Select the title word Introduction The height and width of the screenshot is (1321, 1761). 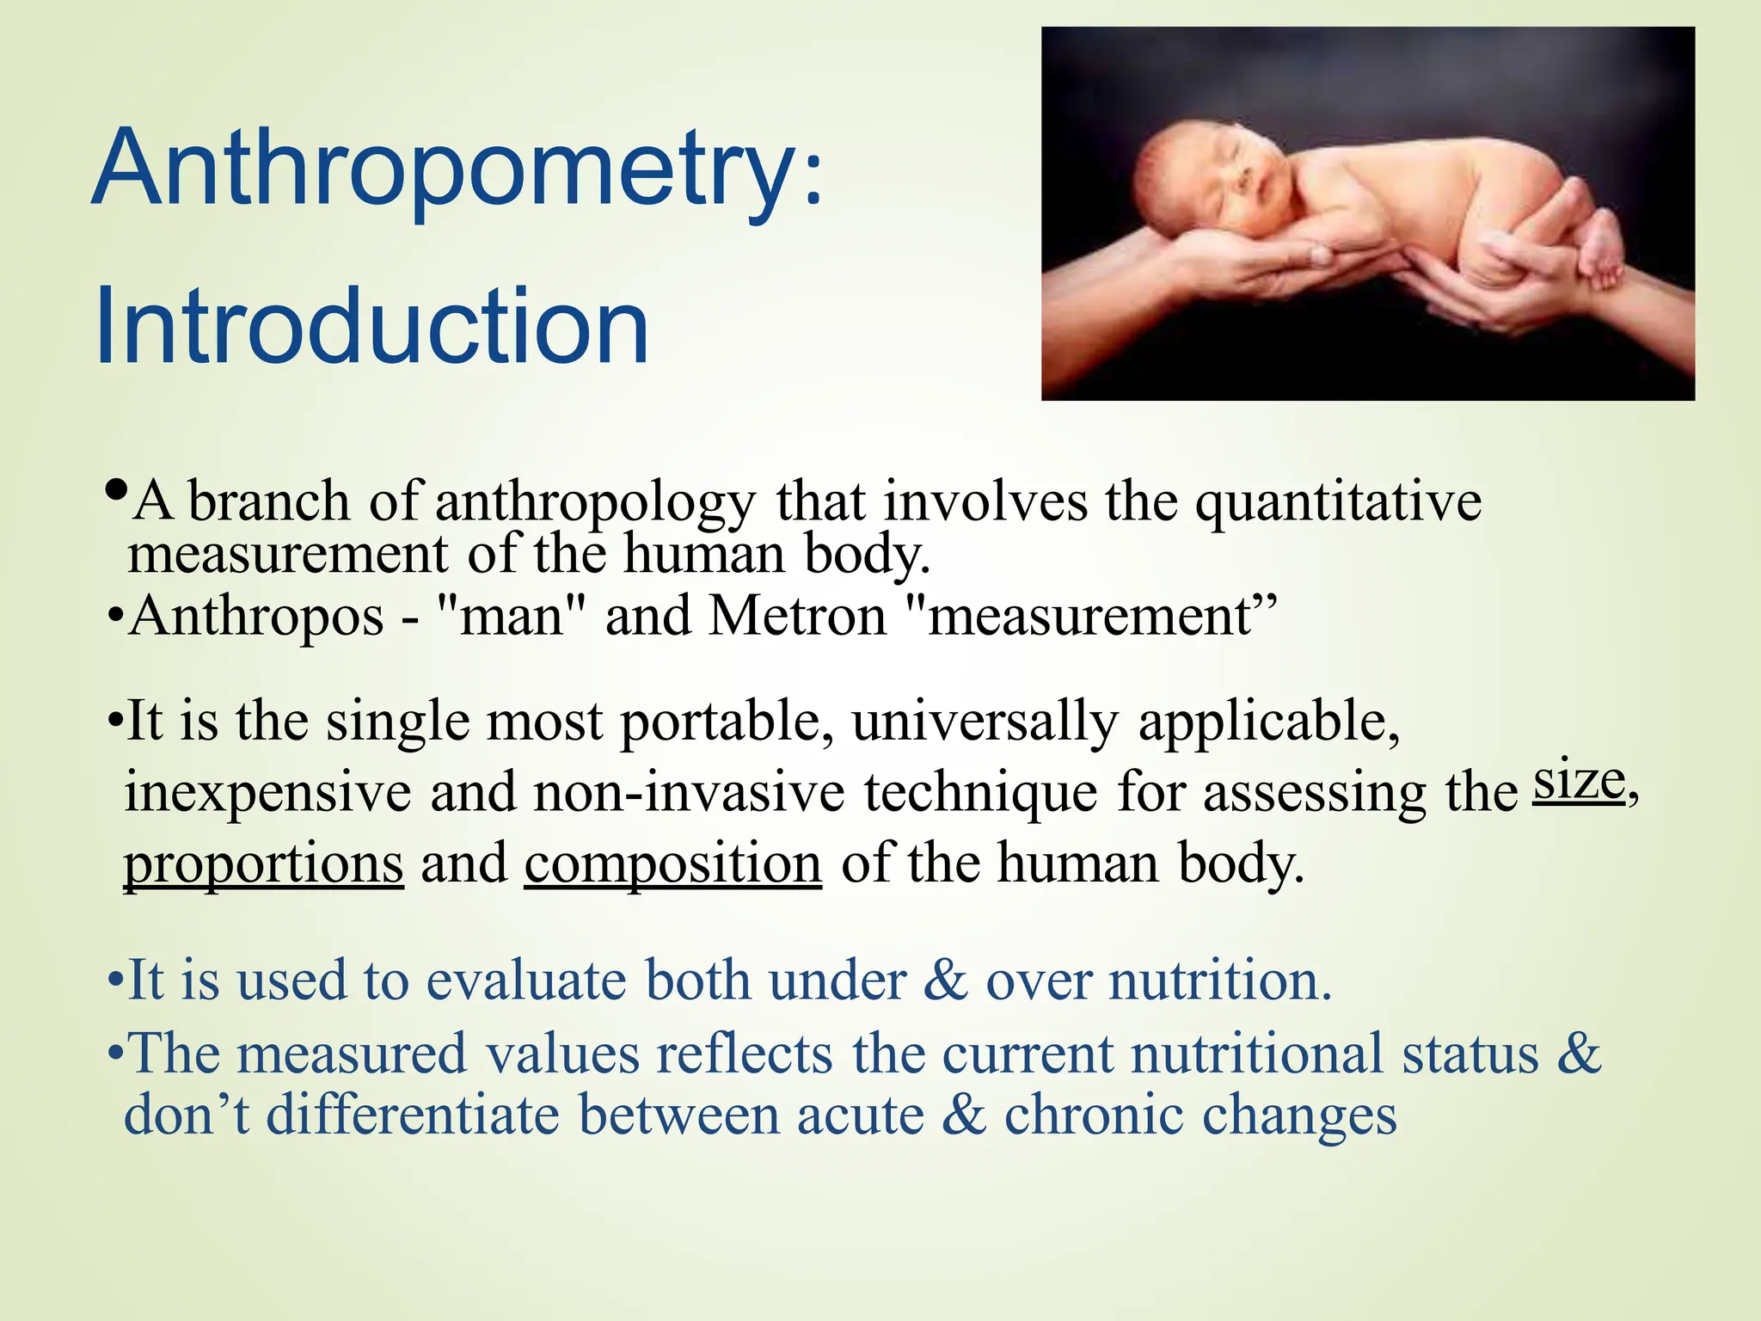tap(371, 327)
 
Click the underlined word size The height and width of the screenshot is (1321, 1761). tap(1580, 781)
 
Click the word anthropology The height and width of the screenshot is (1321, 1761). tap(595, 503)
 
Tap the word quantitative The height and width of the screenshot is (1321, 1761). tap(1339, 503)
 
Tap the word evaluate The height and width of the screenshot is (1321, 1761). tap(527, 981)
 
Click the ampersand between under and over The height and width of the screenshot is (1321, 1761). tap(946, 981)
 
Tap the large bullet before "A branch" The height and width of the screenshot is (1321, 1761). tap(116, 491)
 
